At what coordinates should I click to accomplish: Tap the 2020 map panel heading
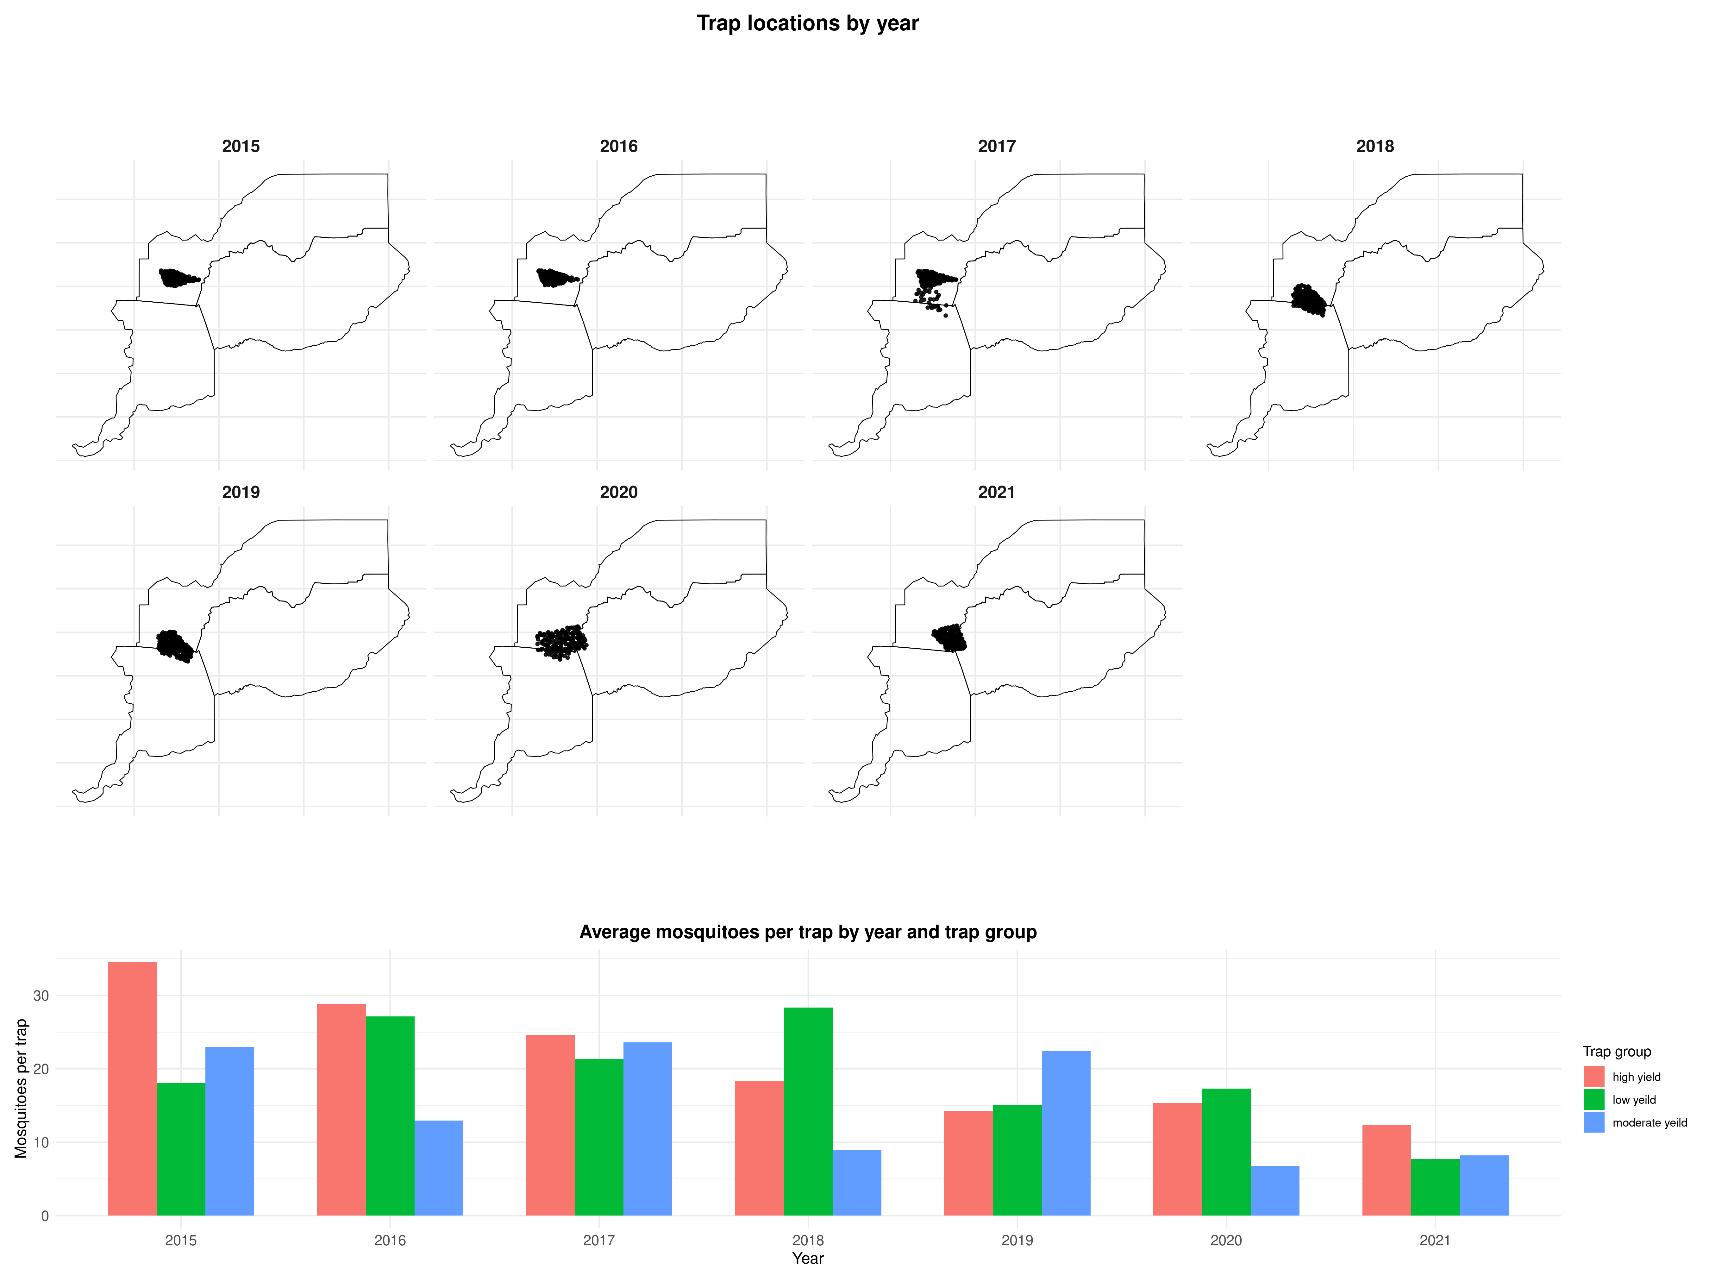pyautogui.click(x=618, y=492)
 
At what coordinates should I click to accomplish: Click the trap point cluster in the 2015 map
pyautogui.click(x=176, y=277)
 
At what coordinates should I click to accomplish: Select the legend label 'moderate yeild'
pyautogui.click(x=1650, y=1123)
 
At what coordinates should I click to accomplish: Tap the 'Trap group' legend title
pyautogui.click(x=1616, y=1052)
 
